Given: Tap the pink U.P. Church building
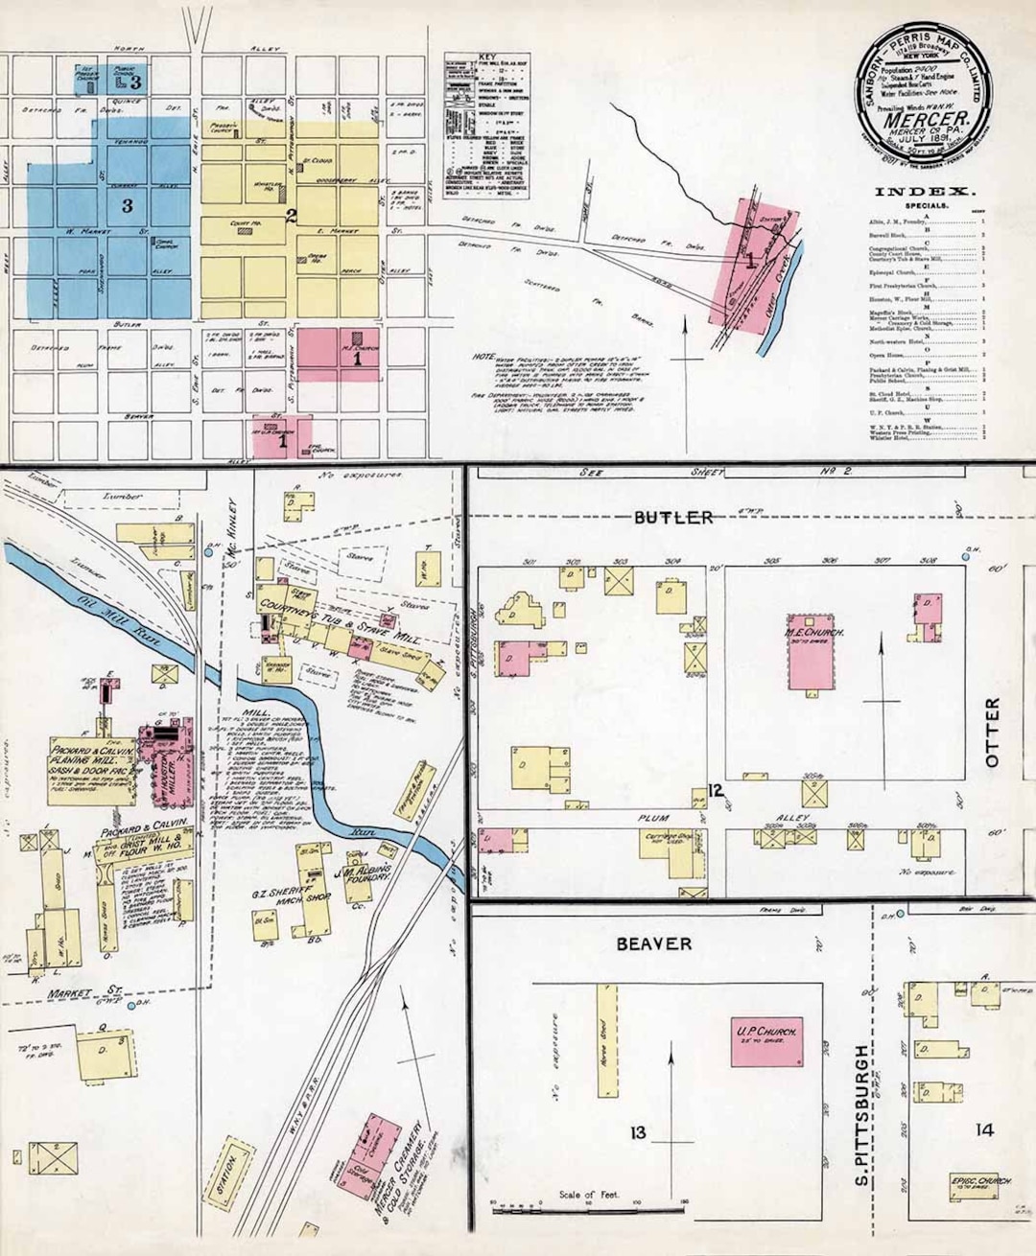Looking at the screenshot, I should (x=766, y=1043).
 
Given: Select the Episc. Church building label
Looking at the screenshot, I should (x=981, y=1181).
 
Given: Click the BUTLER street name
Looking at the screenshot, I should (x=672, y=518).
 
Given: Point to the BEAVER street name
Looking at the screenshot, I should (x=653, y=944).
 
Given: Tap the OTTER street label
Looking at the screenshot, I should (x=992, y=733).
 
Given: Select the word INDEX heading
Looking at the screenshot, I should (x=925, y=192).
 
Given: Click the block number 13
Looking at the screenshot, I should (x=638, y=1133).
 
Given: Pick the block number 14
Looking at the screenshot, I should (x=984, y=1130).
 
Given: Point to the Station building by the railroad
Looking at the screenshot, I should (x=228, y=1168).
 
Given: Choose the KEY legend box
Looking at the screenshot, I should (x=486, y=126).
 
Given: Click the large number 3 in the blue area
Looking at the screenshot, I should (x=127, y=205).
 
